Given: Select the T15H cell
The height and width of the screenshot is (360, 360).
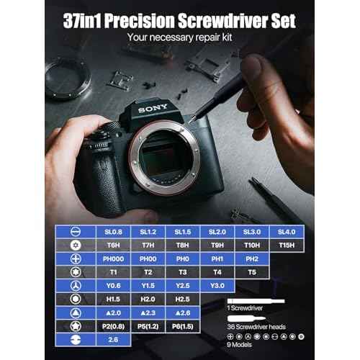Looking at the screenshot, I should (287, 245).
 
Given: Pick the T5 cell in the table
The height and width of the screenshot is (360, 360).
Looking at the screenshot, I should (251, 271).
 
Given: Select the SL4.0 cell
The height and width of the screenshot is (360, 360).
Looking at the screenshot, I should (287, 232).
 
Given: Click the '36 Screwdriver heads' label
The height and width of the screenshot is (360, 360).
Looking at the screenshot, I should (258, 326).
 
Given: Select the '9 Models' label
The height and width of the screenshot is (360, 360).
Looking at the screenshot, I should (243, 346).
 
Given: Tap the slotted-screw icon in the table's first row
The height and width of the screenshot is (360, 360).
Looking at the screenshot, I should (75, 232).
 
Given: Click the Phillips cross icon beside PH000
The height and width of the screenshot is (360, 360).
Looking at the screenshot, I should (75, 258).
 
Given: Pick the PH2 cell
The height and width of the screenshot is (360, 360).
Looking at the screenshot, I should (251, 258).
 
